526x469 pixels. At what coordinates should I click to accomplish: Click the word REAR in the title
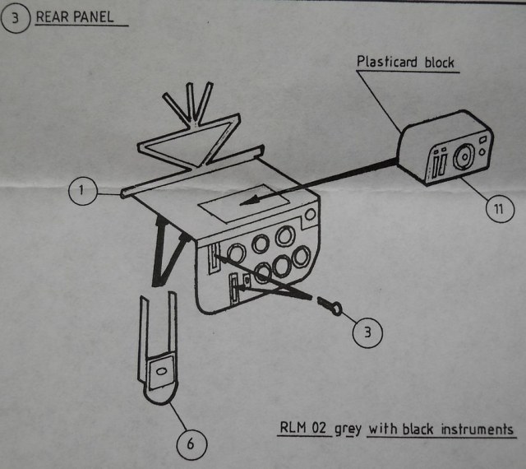pos(53,16)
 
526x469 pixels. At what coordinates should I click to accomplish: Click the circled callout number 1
pos(81,193)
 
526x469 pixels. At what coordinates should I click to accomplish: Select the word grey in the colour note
pos(348,430)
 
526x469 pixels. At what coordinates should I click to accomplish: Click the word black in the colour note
pos(419,430)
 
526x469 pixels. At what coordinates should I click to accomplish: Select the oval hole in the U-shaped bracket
pos(160,372)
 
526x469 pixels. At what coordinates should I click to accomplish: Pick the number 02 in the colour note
pos(321,430)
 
